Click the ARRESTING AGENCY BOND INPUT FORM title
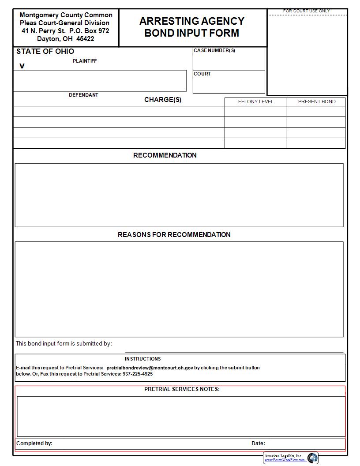coord(192,27)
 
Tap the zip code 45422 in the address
coord(85,39)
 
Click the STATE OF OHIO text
coord(45,52)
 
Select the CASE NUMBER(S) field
coord(229,61)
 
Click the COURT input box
coord(229,84)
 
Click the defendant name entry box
coord(100,81)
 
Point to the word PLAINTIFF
coord(85,61)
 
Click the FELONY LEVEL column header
coord(255,101)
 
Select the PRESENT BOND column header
coord(316,101)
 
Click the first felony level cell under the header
coord(255,111)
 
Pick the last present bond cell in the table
coord(316,143)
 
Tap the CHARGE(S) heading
coord(162,100)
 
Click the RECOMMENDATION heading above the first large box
coord(165,155)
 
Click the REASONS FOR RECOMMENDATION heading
coord(174,235)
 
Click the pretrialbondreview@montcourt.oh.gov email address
coord(150,368)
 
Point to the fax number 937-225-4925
coord(138,374)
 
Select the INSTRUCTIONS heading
coord(142,359)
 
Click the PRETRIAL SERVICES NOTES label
coord(182,389)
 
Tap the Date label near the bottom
coord(258,443)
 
